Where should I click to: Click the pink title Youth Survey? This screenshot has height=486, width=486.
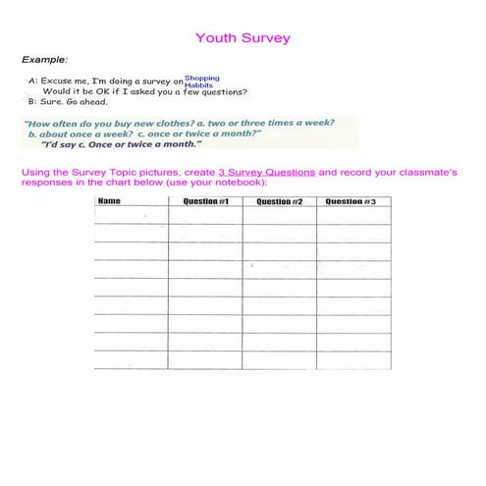click(x=243, y=38)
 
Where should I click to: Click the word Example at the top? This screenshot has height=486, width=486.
click(x=39, y=59)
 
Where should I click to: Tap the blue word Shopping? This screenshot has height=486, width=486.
click(x=202, y=78)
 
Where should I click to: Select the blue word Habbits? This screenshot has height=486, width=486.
click(x=198, y=85)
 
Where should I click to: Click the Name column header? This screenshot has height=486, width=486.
click(x=109, y=202)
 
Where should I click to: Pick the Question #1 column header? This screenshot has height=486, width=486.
click(x=206, y=202)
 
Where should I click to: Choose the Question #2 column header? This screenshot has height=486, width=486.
click(x=280, y=202)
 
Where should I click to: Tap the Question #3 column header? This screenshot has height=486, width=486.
click(x=353, y=202)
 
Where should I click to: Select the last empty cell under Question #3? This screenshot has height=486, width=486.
click(x=353, y=360)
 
